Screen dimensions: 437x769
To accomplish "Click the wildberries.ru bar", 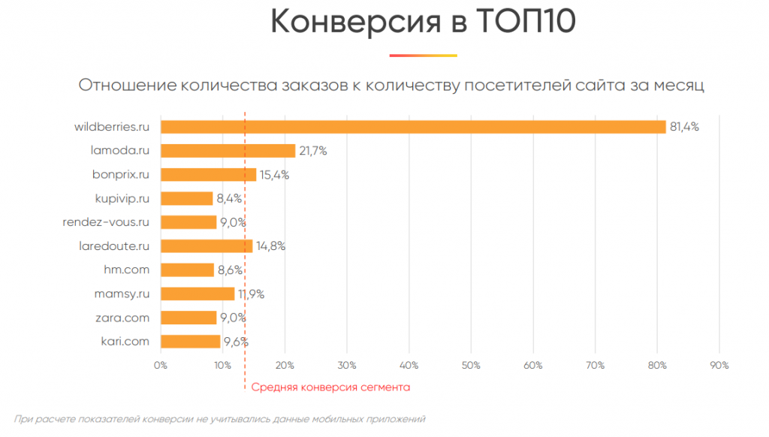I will pos(413,127).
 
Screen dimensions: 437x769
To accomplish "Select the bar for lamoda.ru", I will pos(228,151).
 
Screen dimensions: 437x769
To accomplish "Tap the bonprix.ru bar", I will pos(209,175).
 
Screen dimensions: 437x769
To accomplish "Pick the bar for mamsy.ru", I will pos(198,294).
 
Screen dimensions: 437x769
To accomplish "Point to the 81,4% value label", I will pos(684,127).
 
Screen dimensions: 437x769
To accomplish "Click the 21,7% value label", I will pos(312,151).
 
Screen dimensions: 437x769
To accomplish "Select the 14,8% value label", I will pos(270,246).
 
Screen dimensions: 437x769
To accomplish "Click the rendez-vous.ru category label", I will pos(106,222).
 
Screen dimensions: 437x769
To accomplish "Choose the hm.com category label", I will pos(127,270).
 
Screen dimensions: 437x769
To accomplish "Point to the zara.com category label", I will pos(123,318).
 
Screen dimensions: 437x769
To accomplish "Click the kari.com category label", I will pos(125,342).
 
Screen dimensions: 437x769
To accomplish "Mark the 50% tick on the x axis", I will pos(471,366).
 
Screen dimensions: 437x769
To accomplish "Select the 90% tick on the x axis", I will pos(719,366).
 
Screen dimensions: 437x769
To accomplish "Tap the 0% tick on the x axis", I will pos(160,366).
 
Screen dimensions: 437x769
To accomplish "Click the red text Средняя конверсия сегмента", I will pos(330,387).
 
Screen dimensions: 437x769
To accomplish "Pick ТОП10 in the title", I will pos(525,23).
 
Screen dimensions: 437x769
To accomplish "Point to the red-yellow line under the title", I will pos(423,55).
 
